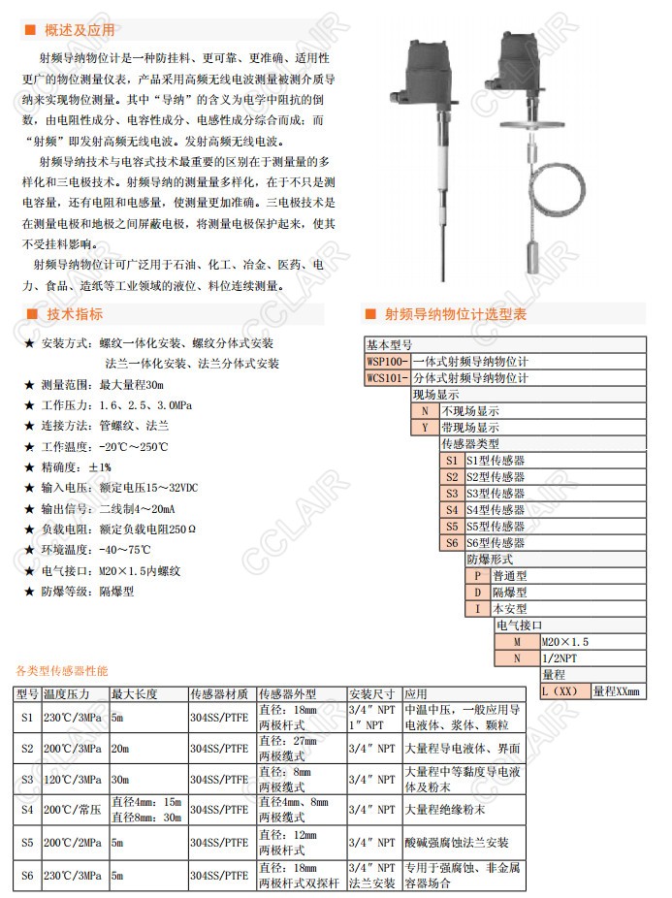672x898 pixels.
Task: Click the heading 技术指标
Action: click(x=75, y=314)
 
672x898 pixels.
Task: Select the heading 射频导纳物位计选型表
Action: click(x=456, y=314)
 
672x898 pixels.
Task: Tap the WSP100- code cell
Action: click(x=387, y=361)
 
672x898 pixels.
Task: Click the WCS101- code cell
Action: click(x=387, y=377)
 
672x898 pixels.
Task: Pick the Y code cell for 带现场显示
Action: click(x=424, y=427)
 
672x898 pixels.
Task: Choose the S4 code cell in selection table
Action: click(x=451, y=509)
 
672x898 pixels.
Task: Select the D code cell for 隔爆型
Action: click(x=477, y=592)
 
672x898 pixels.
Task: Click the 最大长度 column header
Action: click(x=135, y=694)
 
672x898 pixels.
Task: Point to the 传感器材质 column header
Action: click(x=220, y=694)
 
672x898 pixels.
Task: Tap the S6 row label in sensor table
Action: click(x=26, y=876)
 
